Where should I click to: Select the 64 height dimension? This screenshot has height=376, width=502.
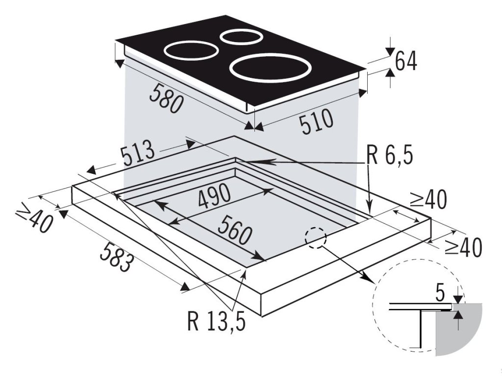[405, 61]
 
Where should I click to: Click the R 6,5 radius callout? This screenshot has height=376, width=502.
[390, 156]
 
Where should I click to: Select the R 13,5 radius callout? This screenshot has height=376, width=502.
[216, 320]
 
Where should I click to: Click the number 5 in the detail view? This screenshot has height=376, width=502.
[440, 294]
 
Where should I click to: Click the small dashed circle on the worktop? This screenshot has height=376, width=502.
[315, 238]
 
